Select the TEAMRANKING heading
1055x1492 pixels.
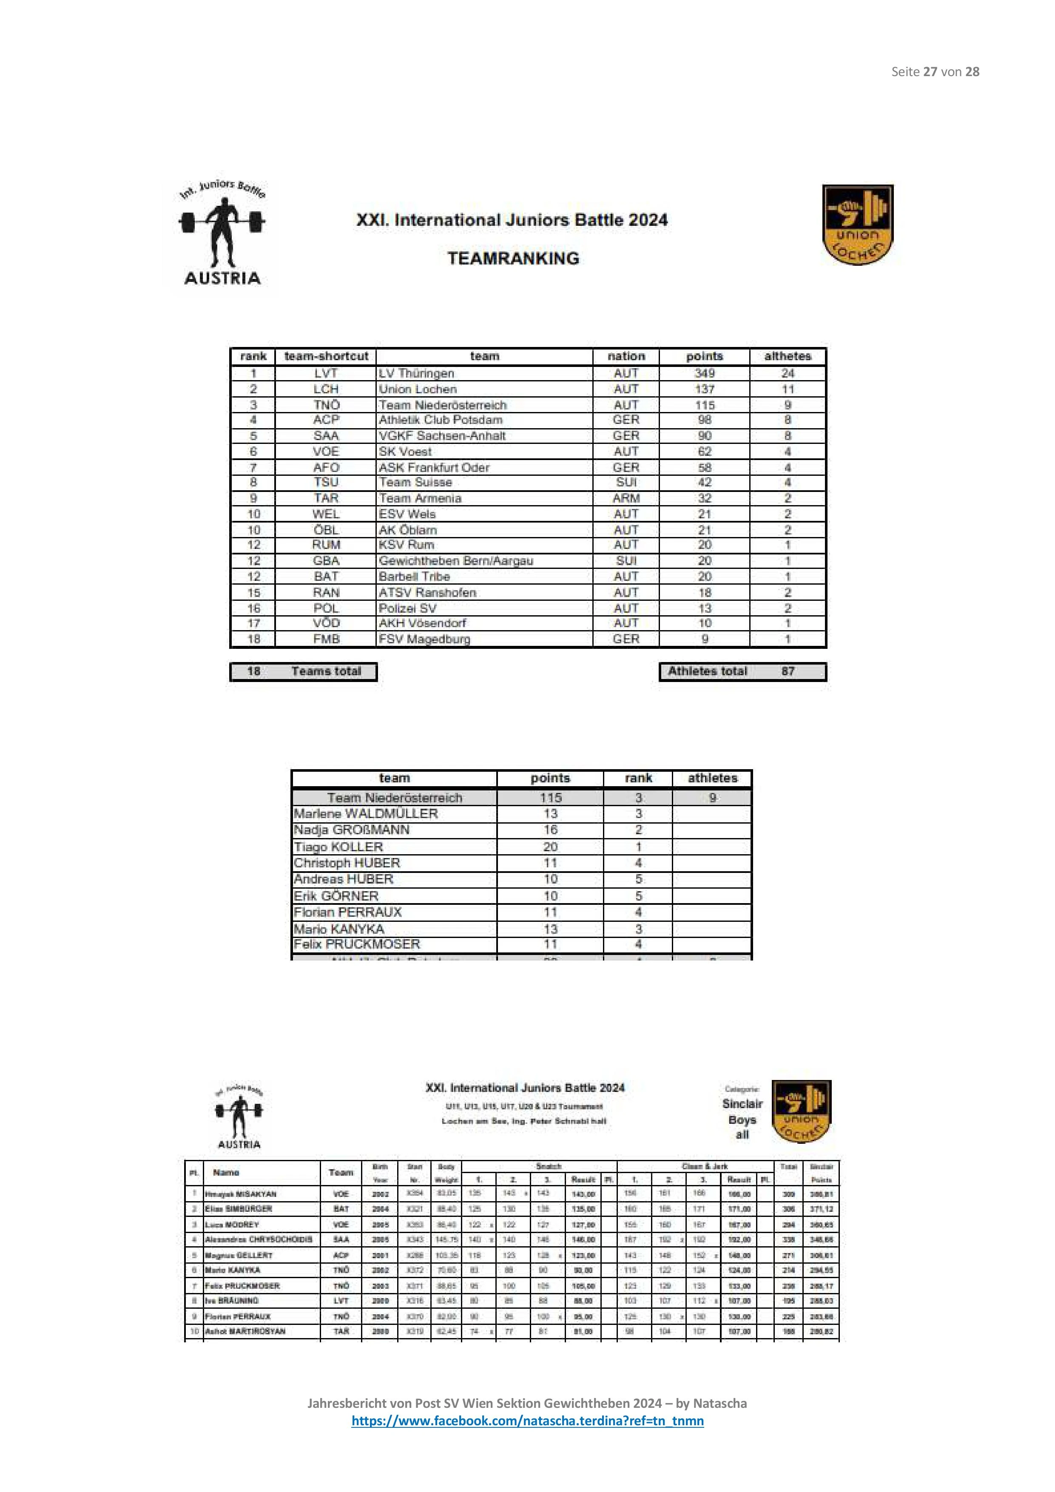(x=513, y=258)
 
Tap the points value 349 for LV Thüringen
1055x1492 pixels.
(x=704, y=373)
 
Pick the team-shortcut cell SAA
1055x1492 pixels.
(x=326, y=435)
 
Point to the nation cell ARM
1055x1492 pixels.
(x=626, y=498)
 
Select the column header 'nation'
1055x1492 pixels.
(x=626, y=356)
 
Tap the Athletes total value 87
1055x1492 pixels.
(x=788, y=671)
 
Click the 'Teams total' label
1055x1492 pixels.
(x=326, y=671)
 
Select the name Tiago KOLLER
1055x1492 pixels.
(x=338, y=847)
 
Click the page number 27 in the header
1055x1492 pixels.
(x=930, y=71)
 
